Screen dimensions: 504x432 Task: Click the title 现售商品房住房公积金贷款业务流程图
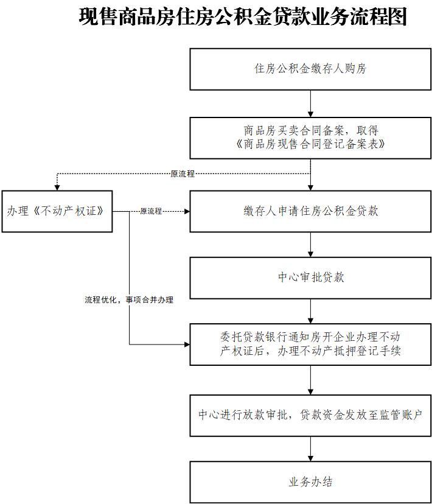(x=242, y=17)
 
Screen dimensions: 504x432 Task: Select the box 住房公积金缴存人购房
(x=310, y=69)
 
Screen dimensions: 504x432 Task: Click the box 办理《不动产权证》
(x=57, y=211)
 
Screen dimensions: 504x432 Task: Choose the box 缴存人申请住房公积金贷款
(x=310, y=211)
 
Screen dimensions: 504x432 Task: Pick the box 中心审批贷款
(x=310, y=278)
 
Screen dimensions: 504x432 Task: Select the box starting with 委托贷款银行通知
(x=310, y=344)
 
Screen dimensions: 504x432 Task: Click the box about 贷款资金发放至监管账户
(x=310, y=415)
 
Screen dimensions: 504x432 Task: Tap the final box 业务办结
(x=310, y=482)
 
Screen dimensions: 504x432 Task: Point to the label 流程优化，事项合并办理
(x=129, y=300)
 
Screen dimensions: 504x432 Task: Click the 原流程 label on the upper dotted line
(x=183, y=174)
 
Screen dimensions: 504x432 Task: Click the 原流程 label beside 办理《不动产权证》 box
(x=151, y=211)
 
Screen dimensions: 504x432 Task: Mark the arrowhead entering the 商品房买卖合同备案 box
(x=311, y=114)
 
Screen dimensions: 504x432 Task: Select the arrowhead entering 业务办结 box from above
(x=311, y=458)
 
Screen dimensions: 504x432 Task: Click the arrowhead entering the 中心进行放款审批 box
(x=311, y=391)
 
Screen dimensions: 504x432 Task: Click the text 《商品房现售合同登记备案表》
(x=310, y=144)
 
